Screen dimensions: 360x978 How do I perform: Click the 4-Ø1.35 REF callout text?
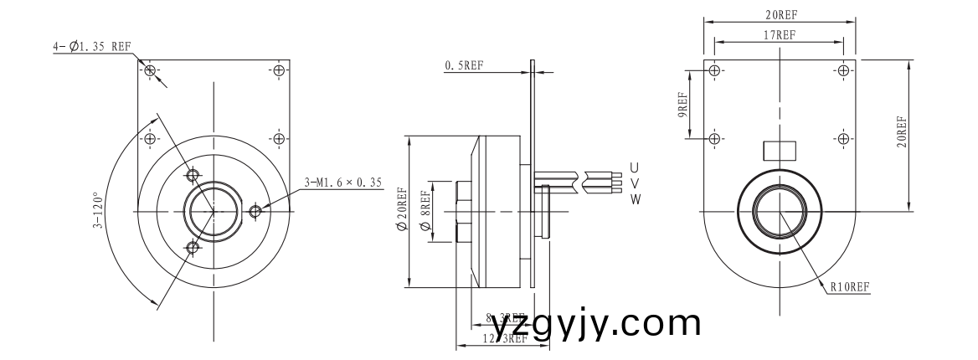pyautogui.click(x=92, y=47)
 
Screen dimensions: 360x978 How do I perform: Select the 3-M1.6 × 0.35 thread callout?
pyautogui.click(x=342, y=182)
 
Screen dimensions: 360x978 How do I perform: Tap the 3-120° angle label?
pyautogui.click(x=98, y=210)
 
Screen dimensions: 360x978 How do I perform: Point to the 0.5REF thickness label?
pyautogui.click(x=464, y=65)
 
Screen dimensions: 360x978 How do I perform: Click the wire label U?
pyautogui.click(x=635, y=167)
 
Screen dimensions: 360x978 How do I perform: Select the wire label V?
pyautogui.click(x=635, y=183)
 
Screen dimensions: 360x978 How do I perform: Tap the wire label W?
pyautogui.click(x=636, y=199)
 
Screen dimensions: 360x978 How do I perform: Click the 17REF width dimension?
pyautogui.click(x=779, y=34)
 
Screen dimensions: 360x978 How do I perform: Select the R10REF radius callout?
pyautogui.click(x=850, y=287)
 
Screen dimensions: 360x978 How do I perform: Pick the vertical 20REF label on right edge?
pyautogui.click(x=901, y=132)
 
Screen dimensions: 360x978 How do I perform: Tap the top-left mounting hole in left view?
pyautogui.click(x=150, y=70)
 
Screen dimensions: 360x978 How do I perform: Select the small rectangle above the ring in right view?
pyautogui.click(x=779, y=150)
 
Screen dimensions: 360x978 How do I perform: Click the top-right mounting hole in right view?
pyautogui.click(x=842, y=70)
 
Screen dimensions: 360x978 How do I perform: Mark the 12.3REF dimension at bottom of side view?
pyautogui.click(x=506, y=338)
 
